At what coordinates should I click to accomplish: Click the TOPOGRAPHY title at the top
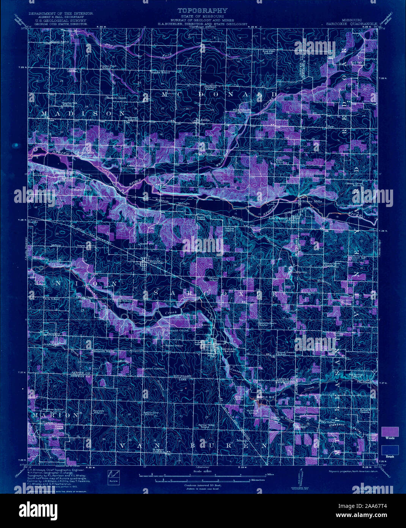tap(203, 11)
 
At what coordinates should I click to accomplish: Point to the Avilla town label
tap(205, 119)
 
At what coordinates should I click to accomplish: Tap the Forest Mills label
tap(85, 153)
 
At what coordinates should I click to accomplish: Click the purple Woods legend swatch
tap(390, 432)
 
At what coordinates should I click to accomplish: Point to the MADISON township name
tap(83, 114)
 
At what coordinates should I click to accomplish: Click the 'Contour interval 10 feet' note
tap(203, 485)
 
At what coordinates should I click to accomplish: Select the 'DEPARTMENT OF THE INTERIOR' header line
tap(61, 13)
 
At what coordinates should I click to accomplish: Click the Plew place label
tap(330, 126)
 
